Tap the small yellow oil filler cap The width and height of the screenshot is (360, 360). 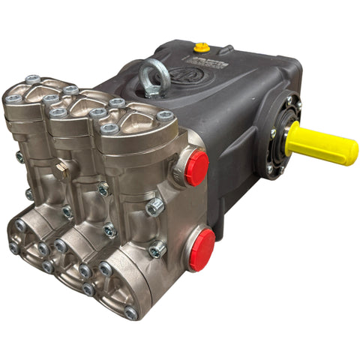tap(200, 48)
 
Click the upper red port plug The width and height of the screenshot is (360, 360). tap(196, 168)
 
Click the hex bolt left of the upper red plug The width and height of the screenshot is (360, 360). tap(155, 206)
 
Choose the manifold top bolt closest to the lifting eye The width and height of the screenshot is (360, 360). tap(117, 103)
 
